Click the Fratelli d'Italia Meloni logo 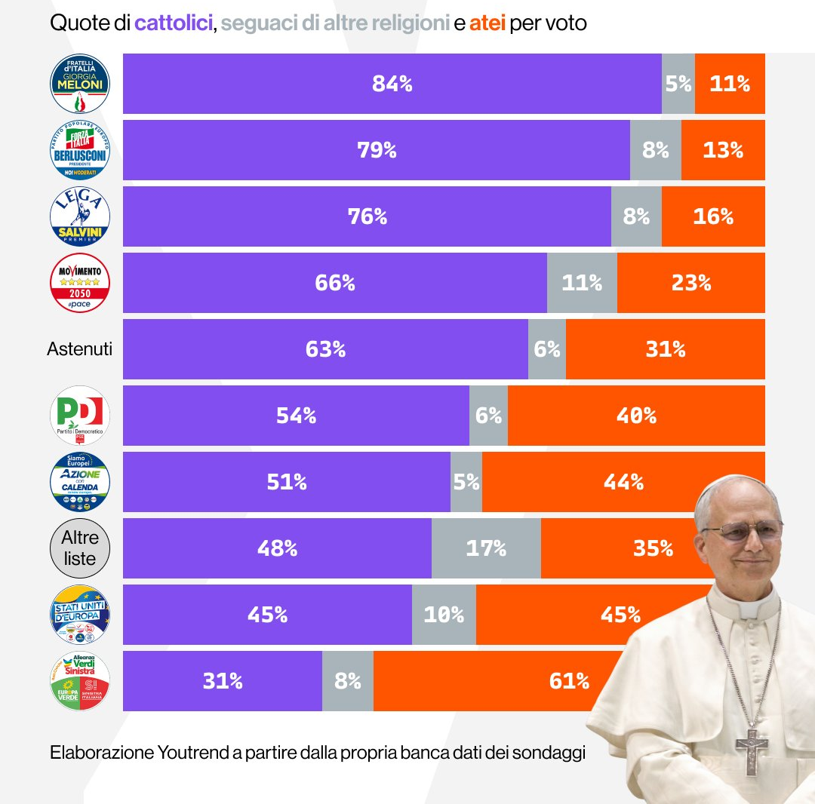click(80, 84)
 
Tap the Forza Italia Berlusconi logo click(80, 150)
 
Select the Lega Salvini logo click(80, 216)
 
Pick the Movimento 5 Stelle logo click(80, 283)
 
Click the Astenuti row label click(79, 349)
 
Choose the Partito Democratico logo click(80, 416)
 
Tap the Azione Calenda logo click(80, 482)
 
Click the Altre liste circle click(80, 548)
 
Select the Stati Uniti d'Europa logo click(80, 615)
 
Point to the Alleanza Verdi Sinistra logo click(80, 681)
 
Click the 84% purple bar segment click(392, 84)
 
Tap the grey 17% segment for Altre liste click(486, 548)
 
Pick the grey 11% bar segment click(582, 283)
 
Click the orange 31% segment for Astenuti click(665, 349)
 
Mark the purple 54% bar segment click(296, 416)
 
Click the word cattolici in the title click(174, 23)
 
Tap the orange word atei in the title click(487, 23)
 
